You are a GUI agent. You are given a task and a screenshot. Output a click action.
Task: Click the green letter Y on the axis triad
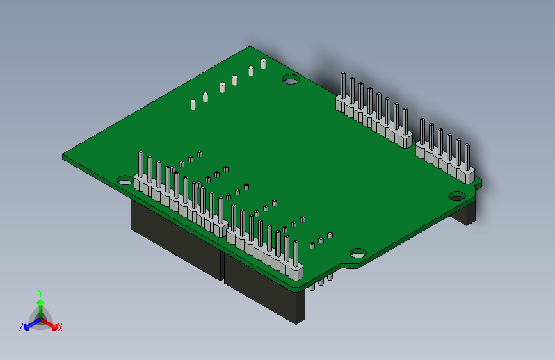[x=40, y=292]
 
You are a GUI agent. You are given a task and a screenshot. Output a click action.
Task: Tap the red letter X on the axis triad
[x=60, y=328]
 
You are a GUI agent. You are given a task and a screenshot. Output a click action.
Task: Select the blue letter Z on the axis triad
[x=21, y=327]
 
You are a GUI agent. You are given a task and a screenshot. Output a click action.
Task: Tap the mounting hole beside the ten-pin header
[x=125, y=181]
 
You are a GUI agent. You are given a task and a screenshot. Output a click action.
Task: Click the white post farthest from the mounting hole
[x=193, y=104]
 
